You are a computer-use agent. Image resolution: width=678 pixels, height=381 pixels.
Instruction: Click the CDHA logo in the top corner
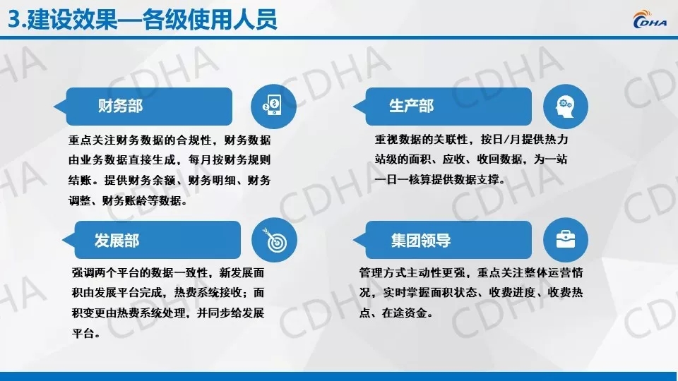[650, 20]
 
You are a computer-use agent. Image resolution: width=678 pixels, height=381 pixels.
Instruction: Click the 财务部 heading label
[120, 106]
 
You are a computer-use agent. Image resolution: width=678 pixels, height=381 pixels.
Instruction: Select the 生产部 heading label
[411, 106]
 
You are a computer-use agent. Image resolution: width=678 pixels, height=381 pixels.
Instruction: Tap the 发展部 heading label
[117, 240]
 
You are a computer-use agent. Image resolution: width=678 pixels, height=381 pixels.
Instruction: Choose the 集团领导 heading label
[421, 240]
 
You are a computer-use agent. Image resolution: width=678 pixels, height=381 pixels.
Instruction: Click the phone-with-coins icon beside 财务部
[273, 107]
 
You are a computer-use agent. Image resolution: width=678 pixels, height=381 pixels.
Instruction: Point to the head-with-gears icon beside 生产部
[565, 107]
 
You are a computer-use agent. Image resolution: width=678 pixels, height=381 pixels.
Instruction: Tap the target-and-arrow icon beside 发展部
[274, 240]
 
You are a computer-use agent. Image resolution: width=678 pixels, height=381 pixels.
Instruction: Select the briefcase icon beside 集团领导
[565, 240]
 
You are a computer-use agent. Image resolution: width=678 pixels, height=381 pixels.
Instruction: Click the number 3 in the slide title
[14, 20]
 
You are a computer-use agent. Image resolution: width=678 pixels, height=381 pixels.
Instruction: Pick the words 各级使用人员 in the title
[210, 20]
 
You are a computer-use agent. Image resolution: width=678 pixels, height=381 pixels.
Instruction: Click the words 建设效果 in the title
[72, 20]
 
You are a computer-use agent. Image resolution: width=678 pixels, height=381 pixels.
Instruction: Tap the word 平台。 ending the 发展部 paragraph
[86, 334]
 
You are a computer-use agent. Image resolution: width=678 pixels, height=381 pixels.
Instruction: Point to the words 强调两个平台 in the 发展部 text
[105, 272]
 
